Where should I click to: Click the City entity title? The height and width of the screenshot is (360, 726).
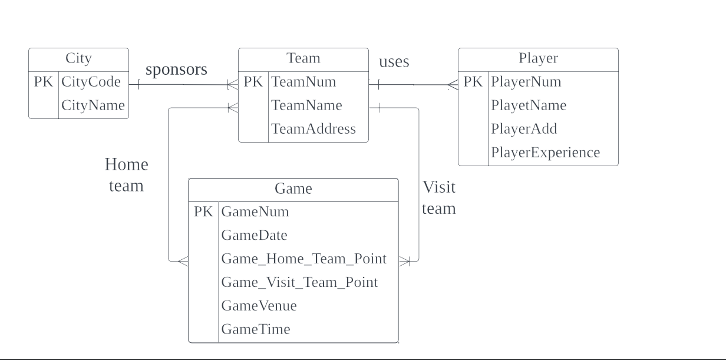[x=78, y=58]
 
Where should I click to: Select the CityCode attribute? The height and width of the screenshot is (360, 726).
[x=91, y=82]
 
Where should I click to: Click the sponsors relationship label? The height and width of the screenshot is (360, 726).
[x=176, y=70]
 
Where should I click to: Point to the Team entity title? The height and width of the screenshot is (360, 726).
[x=303, y=58]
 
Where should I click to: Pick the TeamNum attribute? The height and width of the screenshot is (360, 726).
[x=303, y=82]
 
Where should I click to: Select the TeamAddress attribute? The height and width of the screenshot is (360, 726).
[x=313, y=129]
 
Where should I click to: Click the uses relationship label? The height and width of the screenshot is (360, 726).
[x=394, y=62]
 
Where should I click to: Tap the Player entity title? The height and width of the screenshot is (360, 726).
[x=538, y=58]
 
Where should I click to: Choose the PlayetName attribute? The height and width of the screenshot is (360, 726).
[x=528, y=105]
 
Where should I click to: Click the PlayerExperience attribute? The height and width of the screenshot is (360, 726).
[x=545, y=153]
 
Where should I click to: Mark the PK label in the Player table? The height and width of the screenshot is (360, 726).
[x=473, y=82]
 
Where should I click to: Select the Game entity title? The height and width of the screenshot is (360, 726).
[x=293, y=189]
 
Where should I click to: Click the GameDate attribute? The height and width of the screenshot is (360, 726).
[x=254, y=236]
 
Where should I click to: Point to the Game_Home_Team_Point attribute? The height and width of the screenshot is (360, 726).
[x=303, y=259]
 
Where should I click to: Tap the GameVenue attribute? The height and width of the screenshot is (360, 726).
[x=259, y=306]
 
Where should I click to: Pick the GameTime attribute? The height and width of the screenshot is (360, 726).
[x=256, y=329]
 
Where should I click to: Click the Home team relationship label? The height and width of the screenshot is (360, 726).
[x=126, y=175]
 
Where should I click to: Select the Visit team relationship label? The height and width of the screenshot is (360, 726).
[x=439, y=197]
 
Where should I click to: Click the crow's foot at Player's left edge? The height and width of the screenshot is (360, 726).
[x=453, y=85]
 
